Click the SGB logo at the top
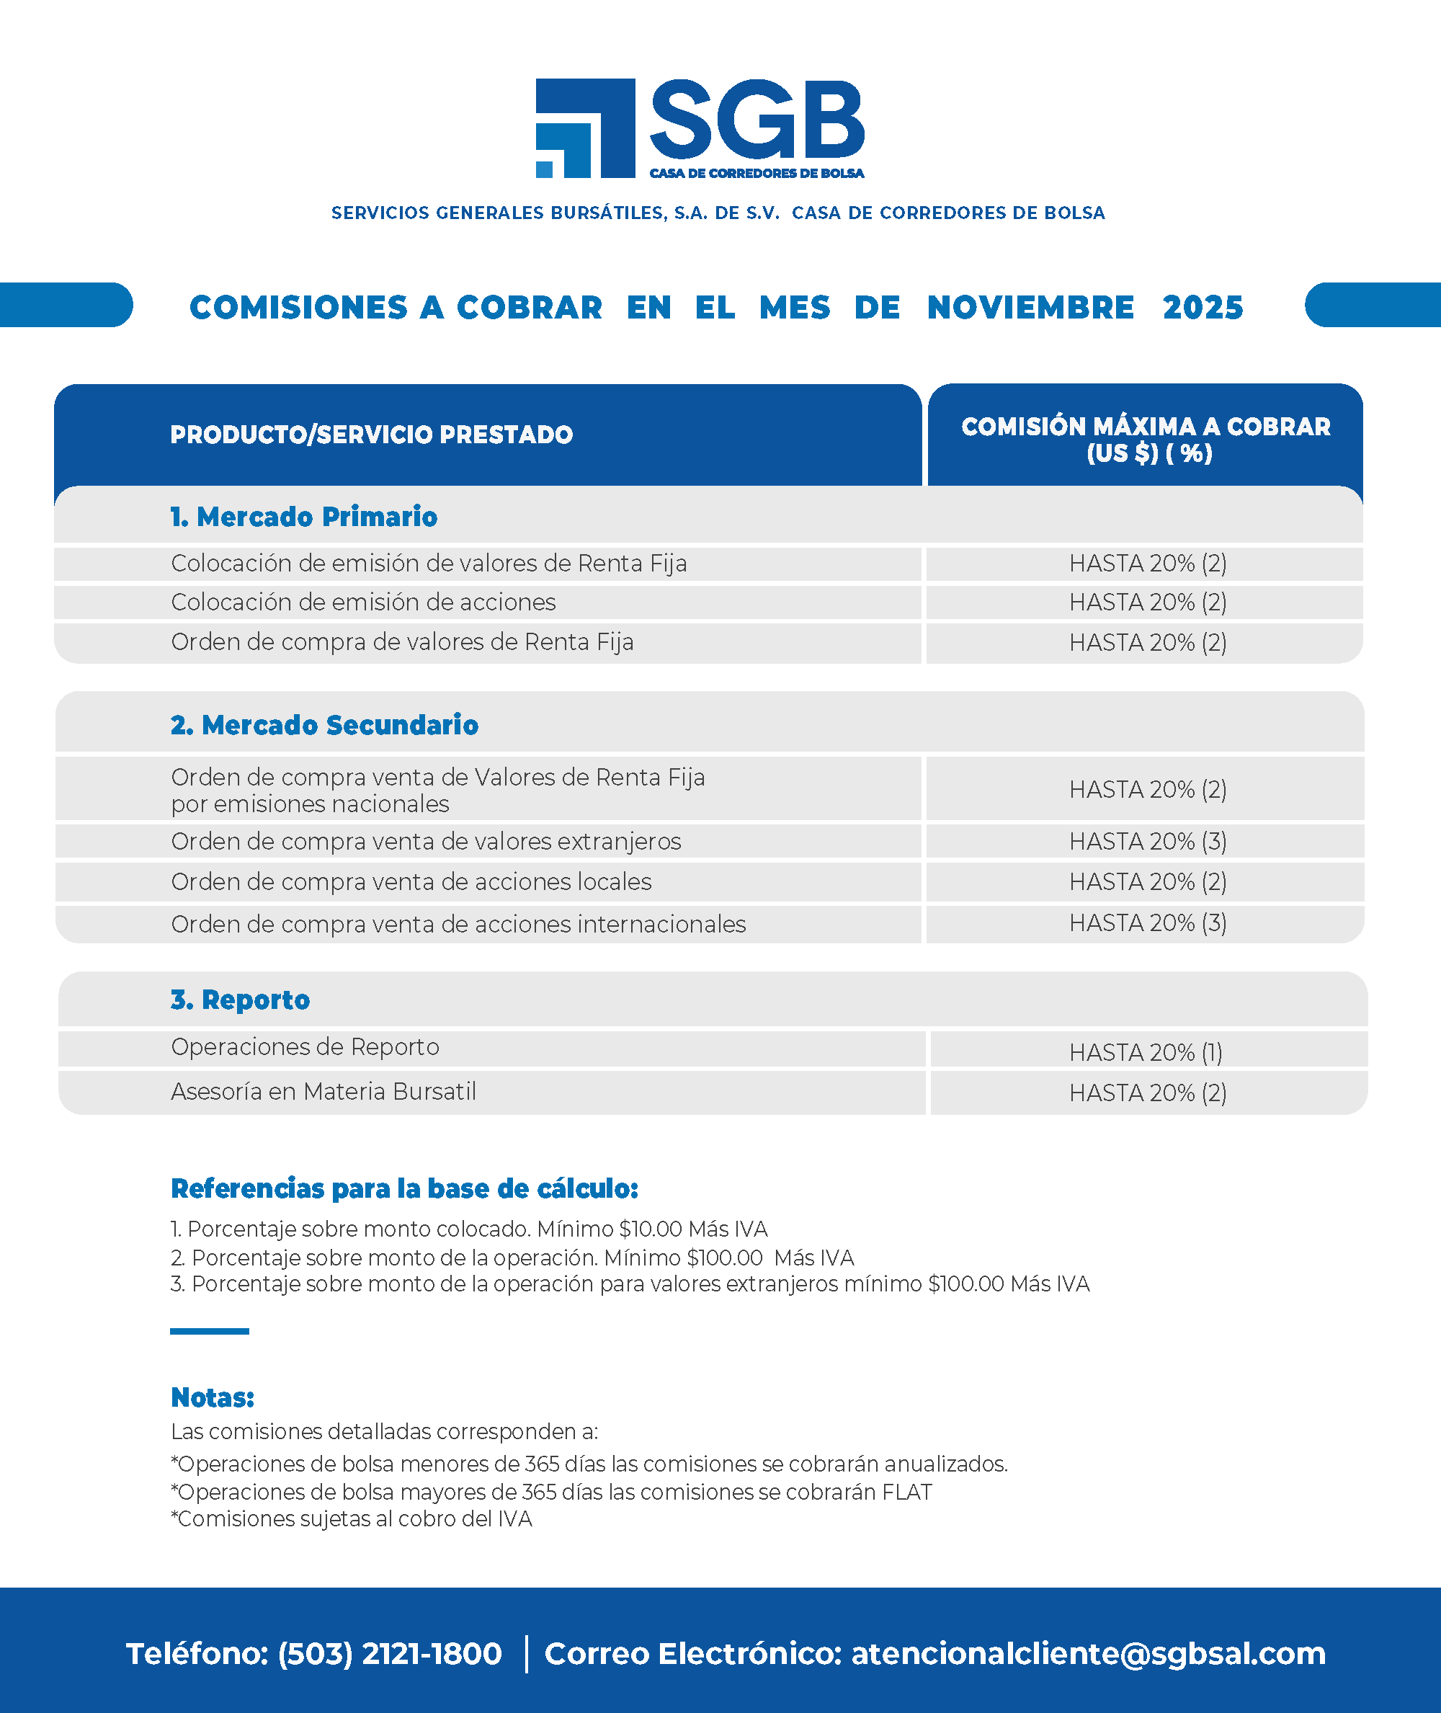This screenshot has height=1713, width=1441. (x=700, y=128)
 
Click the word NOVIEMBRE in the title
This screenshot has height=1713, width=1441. (x=1030, y=308)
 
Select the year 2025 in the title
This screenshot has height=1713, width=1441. (x=1203, y=308)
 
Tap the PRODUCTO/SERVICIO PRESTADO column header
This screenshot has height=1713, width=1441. (x=372, y=435)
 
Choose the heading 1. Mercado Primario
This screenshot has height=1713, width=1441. (x=304, y=517)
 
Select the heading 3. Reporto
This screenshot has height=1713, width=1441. (x=240, y=1000)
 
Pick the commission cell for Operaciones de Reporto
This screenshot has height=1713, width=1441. (x=1146, y=1053)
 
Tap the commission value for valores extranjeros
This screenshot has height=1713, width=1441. (x=1148, y=842)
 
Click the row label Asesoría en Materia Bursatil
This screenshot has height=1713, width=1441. (x=324, y=1093)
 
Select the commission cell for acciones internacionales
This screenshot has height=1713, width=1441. (x=1148, y=923)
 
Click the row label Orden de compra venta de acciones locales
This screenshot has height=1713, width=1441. (x=411, y=882)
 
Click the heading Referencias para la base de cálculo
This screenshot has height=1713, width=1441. (x=404, y=1189)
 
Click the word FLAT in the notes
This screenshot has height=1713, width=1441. (x=906, y=1492)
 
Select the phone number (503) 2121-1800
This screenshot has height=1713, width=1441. (x=390, y=1653)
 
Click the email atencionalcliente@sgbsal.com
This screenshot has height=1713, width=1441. (x=1088, y=1653)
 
